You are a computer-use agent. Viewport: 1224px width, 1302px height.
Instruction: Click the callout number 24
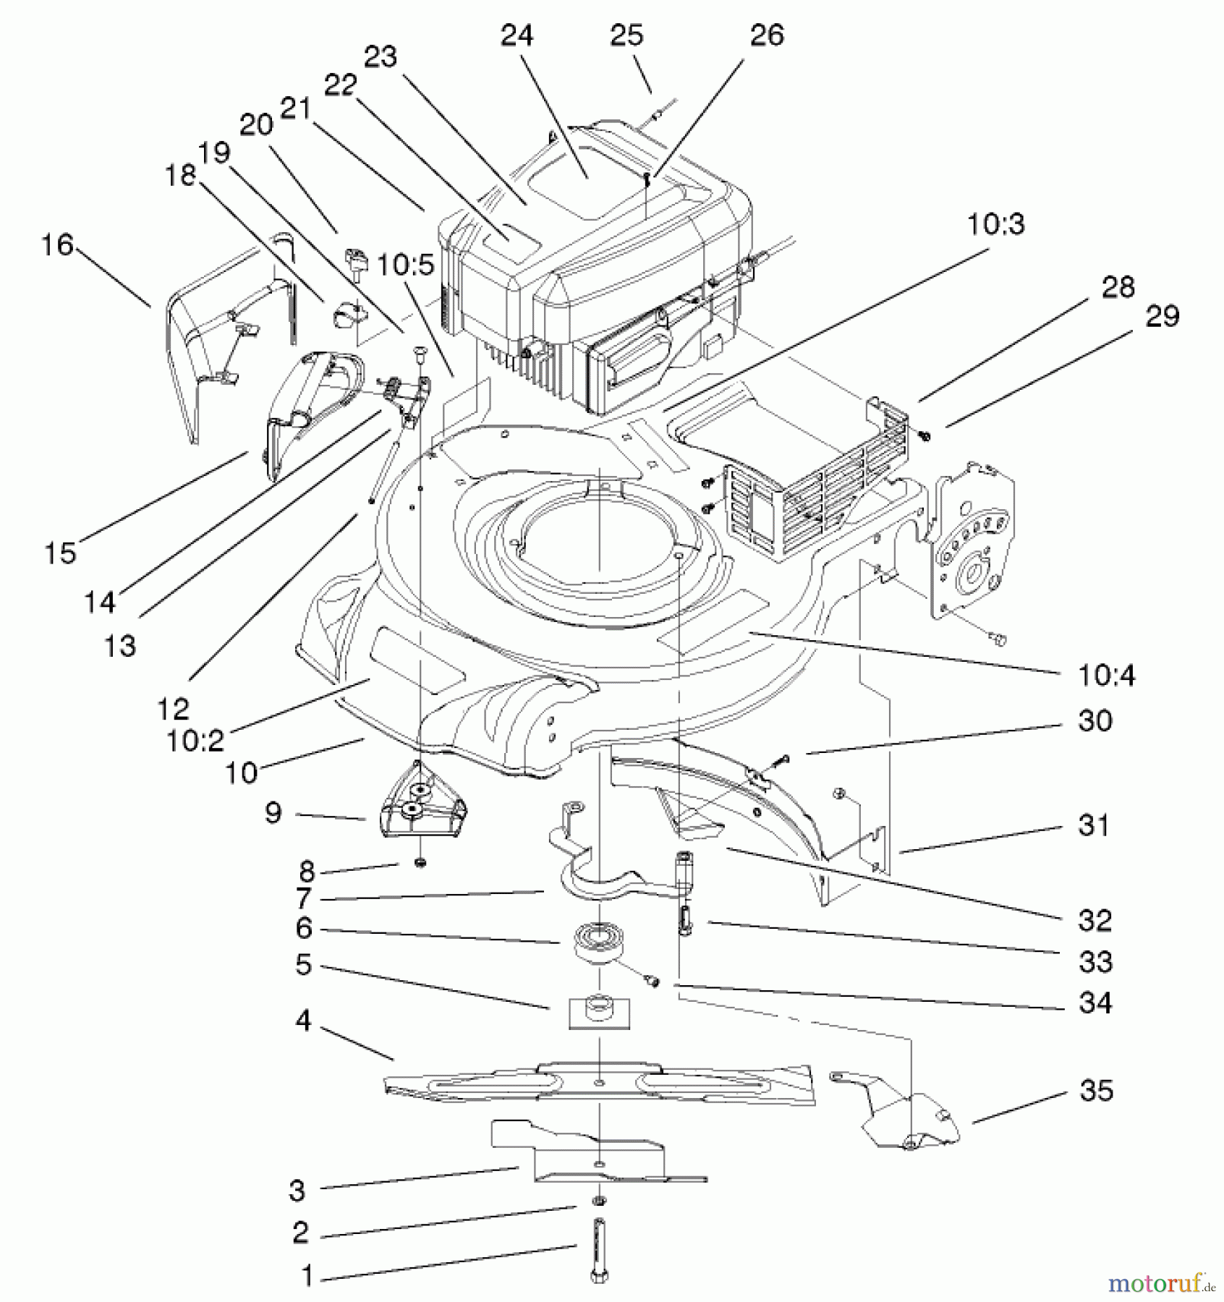(x=517, y=35)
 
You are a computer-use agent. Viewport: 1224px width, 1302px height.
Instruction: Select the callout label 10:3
(x=995, y=224)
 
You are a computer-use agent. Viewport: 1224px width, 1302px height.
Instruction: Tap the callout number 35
(x=1096, y=1090)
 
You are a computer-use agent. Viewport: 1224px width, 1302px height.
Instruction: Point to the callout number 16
(x=57, y=245)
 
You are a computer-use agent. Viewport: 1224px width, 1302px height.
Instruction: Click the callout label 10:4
(x=1106, y=676)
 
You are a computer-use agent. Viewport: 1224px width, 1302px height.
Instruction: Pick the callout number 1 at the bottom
(x=307, y=1275)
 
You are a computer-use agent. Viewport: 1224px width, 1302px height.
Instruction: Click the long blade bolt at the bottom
(x=599, y=1259)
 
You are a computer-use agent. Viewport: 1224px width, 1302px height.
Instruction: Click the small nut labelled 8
(x=420, y=863)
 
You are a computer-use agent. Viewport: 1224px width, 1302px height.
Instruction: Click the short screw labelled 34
(x=653, y=980)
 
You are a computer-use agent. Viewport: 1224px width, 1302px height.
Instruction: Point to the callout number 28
(x=1118, y=288)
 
